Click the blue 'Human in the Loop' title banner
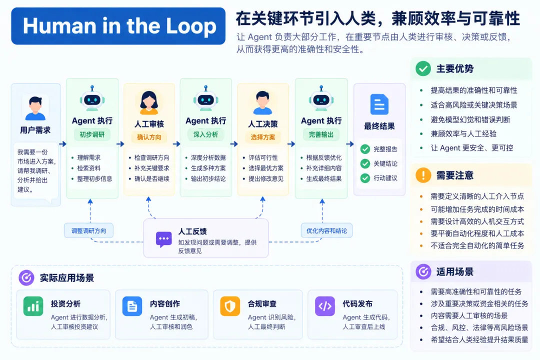pyautogui.click(x=118, y=26)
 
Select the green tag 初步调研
pyautogui.click(x=92, y=134)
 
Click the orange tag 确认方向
pyautogui.click(x=149, y=137)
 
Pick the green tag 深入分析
pyautogui.click(x=205, y=134)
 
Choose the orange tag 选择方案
pyautogui.click(x=263, y=137)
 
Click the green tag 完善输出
pyautogui.click(x=321, y=134)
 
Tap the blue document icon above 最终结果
pyautogui.click(x=379, y=104)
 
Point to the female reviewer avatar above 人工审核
pyautogui.click(x=149, y=102)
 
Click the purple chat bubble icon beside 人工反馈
pyautogui.click(x=163, y=239)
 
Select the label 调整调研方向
pyautogui.click(x=88, y=231)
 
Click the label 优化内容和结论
pyautogui.click(x=327, y=231)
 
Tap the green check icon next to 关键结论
pyautogui.click(x=365, y=163)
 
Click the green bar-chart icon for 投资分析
pyautogui.click(x=33, y=306)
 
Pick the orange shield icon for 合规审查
pyautogui.click(x=230, y=306)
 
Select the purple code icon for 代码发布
pyautogui.click(x=325, y=306)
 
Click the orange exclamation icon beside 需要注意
pyautogui.click(x=423, y=175)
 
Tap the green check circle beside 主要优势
pyautogui.click(x=423, y=68)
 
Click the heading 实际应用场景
pyautogui.click(x=67, y=278)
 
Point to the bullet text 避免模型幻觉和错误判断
pyautogui.click(x=470, y=119)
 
